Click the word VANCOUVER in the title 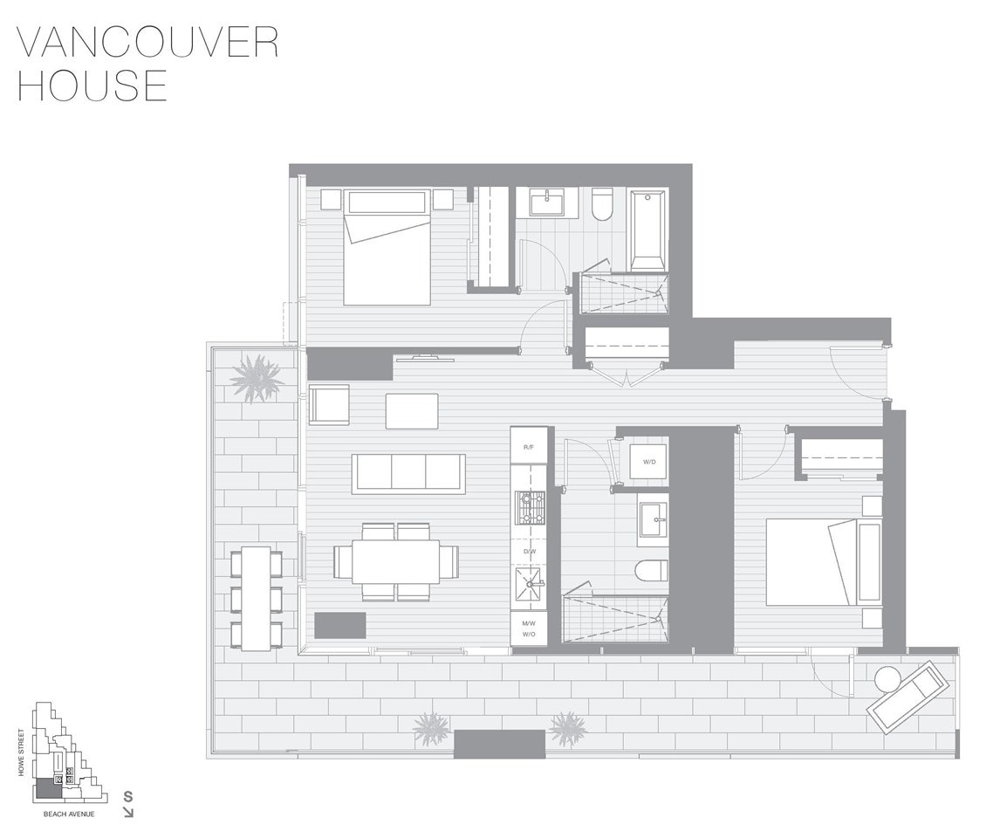[147, 43]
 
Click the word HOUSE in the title [92, 85]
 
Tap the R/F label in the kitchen [529, 447]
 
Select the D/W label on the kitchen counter [529, 551]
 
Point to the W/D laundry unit [649, 462]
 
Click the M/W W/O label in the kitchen [529, 628]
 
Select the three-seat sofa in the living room [408, 473]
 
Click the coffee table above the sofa [412, 411]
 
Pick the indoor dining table [396, 561]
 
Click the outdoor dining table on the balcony [257, 598]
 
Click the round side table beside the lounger [887, 678]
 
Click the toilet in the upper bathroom [602, 204]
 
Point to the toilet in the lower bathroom [653, 571]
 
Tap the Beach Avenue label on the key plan [69, 814]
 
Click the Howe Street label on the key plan [22, 752]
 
